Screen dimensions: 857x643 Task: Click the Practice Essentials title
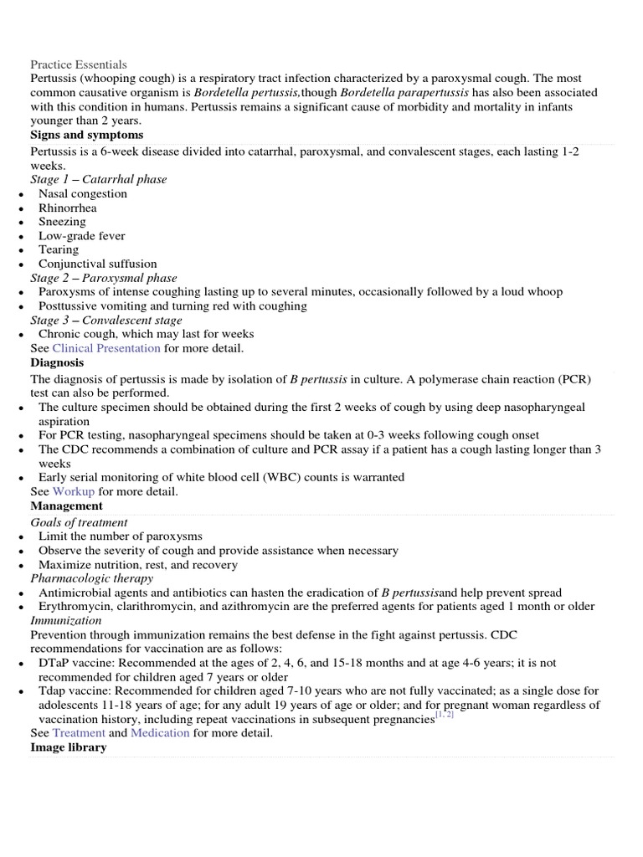click(79, 64)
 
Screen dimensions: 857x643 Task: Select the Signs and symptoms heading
click(86, 135)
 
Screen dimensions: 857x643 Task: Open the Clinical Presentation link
click(106, 348)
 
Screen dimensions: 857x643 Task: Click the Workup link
click(74, 492)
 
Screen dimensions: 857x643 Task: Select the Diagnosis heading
click(57, 363)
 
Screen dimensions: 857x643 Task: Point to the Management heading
click(66, 506)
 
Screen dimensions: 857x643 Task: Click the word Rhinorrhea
click(67, 208)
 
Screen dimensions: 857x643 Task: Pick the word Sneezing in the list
click(62, 222)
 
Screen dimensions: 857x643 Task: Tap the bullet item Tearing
click(59, 249)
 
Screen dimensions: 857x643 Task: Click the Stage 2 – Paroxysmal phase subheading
click(104, 278)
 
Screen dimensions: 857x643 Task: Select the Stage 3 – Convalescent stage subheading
click(106, 320)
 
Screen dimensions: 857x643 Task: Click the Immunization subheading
click(66, 621)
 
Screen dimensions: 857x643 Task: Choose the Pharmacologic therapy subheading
click(92, 578)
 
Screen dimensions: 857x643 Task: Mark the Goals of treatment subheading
click(79, 522)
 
